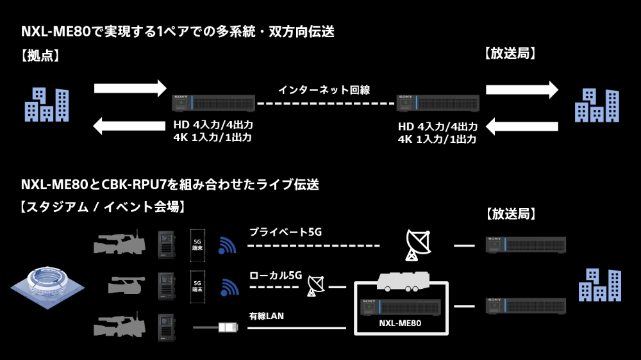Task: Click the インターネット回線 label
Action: point(324,90)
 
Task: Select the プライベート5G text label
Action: point(285,231)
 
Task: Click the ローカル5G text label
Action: point(276,275)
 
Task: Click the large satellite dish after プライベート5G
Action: point(420,245)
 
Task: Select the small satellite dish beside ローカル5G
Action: point(315,286)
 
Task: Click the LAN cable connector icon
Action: point(228,327)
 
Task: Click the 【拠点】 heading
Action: point(40,56)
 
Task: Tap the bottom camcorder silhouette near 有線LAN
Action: point(119,324)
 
